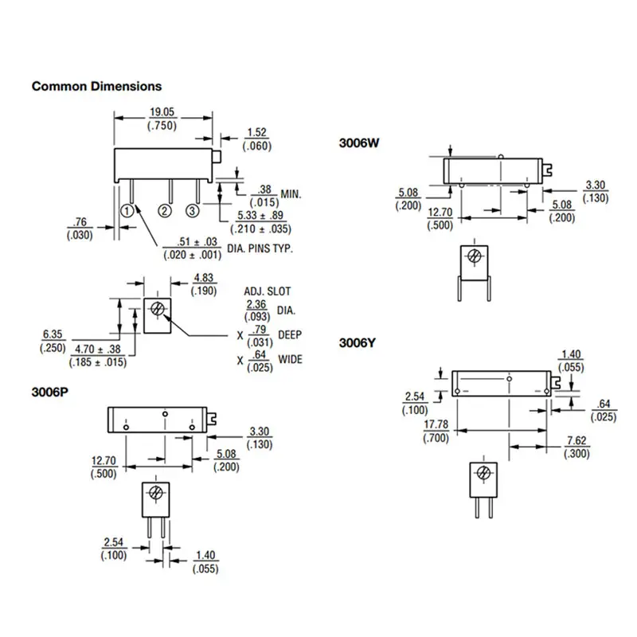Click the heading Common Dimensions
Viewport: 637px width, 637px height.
[x=96, y=86]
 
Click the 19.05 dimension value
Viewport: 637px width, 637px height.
[x=162, y=113]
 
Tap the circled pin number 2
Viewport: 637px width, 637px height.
[x=165, y=210]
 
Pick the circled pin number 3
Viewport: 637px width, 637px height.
[x=192, y=210]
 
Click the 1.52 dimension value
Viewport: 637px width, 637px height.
[x=256, y=133]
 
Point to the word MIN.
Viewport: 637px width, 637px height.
[x=291, y=194]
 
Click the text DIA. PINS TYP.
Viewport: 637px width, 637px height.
[x=260, y=248]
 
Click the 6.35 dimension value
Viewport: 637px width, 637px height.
[x=53, y=335]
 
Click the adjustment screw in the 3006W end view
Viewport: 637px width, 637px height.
[x=474, y=256]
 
